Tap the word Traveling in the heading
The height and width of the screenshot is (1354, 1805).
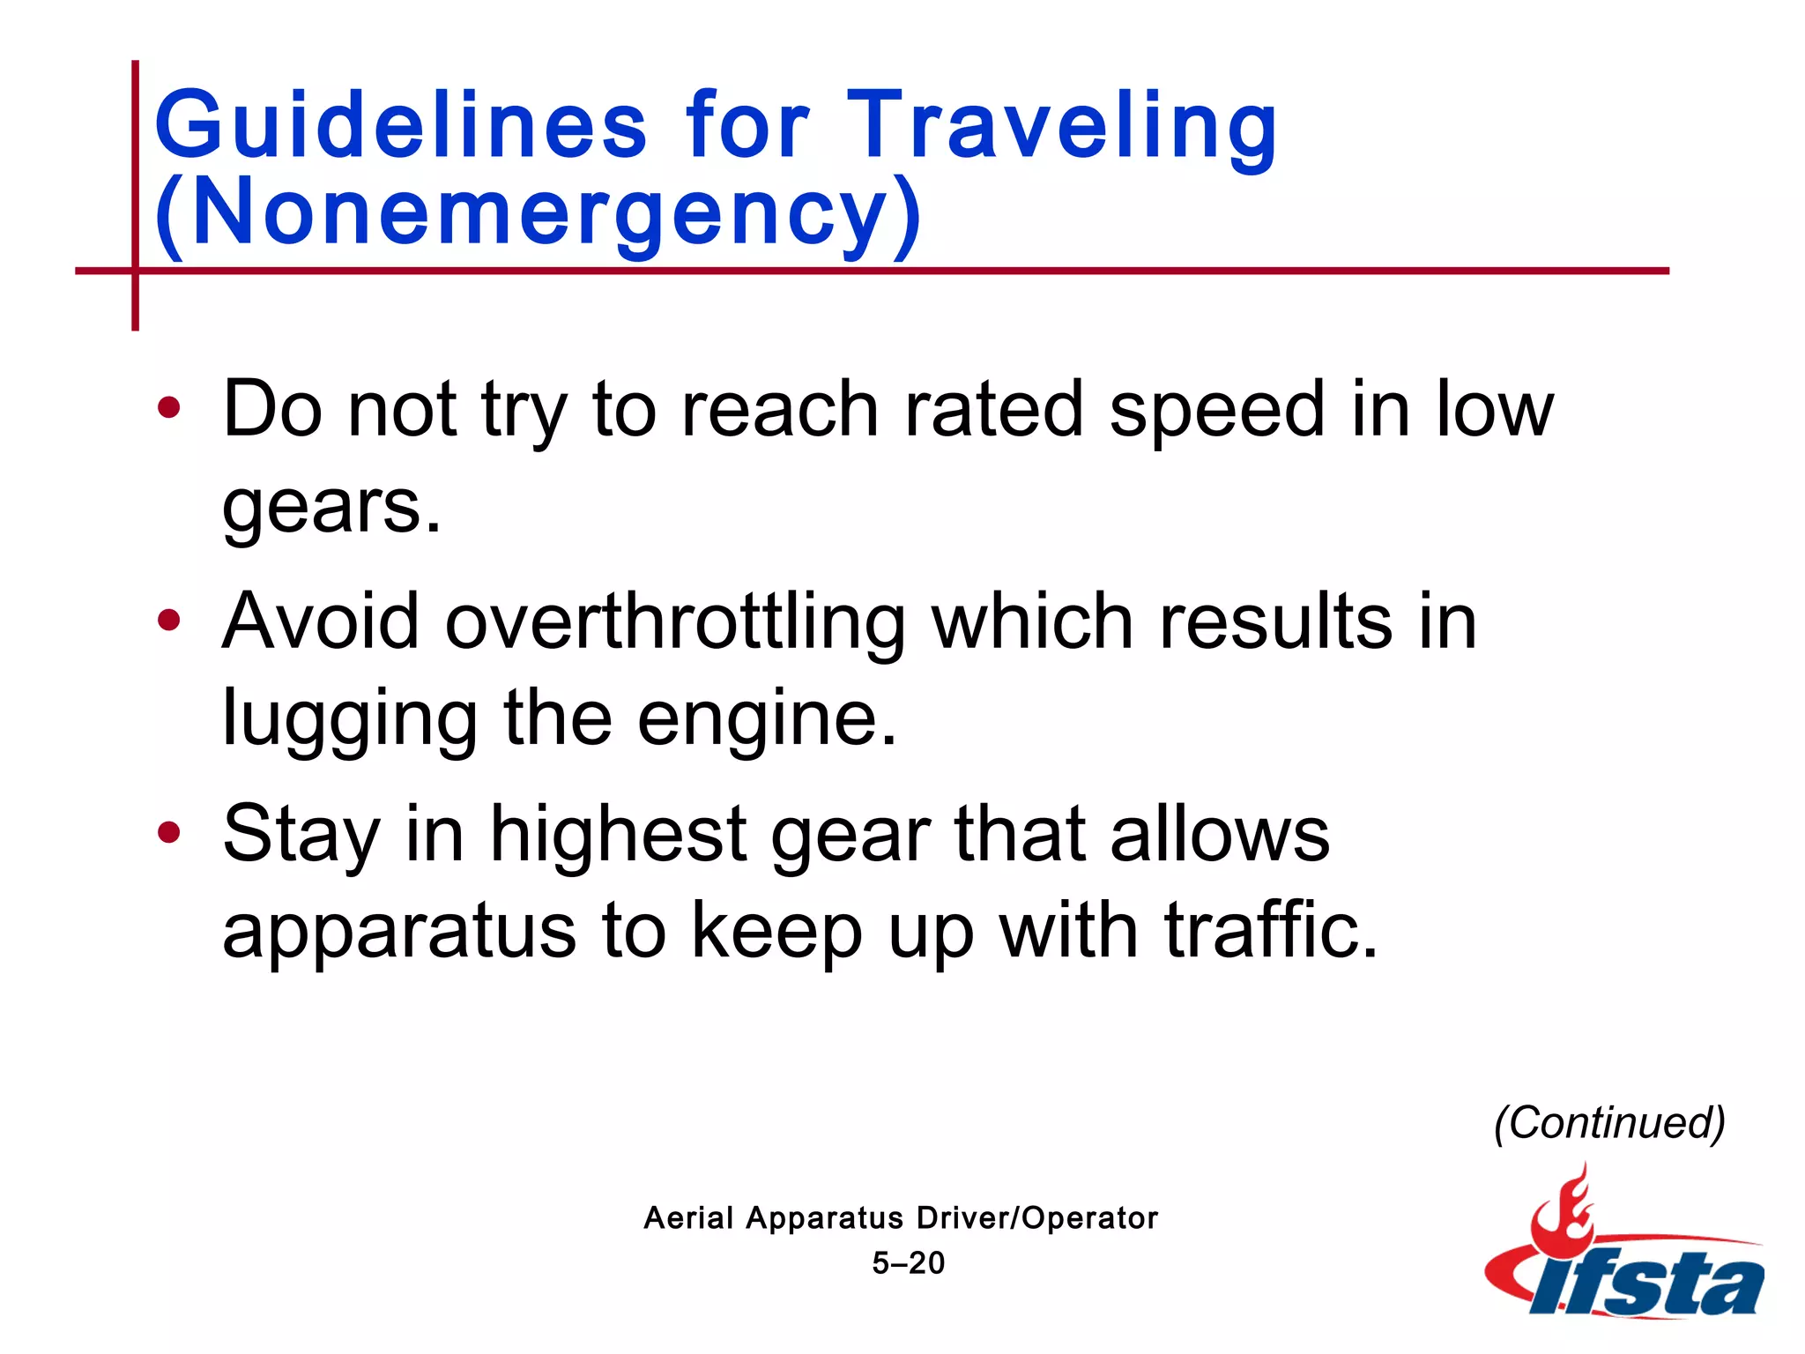pos(1061,125)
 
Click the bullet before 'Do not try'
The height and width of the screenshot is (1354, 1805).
pos(168,408)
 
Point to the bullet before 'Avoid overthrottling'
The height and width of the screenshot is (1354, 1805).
pos(168,620)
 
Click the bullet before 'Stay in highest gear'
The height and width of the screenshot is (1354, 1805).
pos(168,831)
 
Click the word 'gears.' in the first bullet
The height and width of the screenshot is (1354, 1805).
pos(331,509)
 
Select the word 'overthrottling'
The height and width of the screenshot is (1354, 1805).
pos(674,622)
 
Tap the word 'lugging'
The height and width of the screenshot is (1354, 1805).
pos(349,719)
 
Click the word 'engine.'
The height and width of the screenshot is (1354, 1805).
pos(766,719)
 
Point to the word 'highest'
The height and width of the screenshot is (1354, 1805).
pos(618,834)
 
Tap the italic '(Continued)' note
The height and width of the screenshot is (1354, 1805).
pos(1609,1123)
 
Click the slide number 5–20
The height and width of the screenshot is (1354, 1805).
pos(908,1262)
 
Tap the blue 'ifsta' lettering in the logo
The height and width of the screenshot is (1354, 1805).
pos(1648,1283)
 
